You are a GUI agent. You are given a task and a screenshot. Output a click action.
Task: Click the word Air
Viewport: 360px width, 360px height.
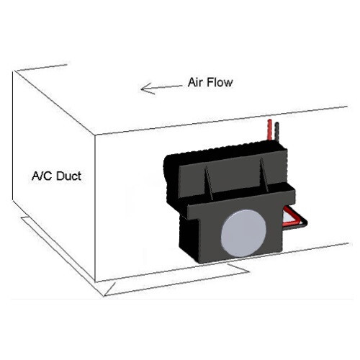click(196, 82)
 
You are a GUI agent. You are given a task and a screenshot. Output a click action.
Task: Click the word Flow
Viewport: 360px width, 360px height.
click(220, 82)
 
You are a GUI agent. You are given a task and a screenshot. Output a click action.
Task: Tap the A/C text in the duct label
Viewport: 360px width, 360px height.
click(42, 176)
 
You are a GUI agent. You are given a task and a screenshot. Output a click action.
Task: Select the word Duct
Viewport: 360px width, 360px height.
click(69, 176)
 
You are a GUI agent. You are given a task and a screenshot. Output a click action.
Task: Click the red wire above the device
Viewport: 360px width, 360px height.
click(270, 130)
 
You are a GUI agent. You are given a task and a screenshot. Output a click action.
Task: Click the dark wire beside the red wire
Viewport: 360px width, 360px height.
click(277, 132)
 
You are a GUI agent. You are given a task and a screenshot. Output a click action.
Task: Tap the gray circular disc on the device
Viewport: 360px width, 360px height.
click(243, 233)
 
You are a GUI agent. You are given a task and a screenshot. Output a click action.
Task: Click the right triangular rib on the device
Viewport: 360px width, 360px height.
click(264, 174)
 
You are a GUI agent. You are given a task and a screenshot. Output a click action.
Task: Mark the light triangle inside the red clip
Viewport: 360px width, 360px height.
click(289, 218)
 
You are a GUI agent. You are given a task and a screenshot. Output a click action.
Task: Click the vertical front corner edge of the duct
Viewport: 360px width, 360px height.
click(95, 208)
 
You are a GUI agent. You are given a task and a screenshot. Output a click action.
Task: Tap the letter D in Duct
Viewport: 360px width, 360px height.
click(60, 176)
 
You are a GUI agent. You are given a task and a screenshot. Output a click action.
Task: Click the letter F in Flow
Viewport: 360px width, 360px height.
click(210, 82)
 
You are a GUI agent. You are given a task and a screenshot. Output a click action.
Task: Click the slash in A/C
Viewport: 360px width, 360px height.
click(40, 176)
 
